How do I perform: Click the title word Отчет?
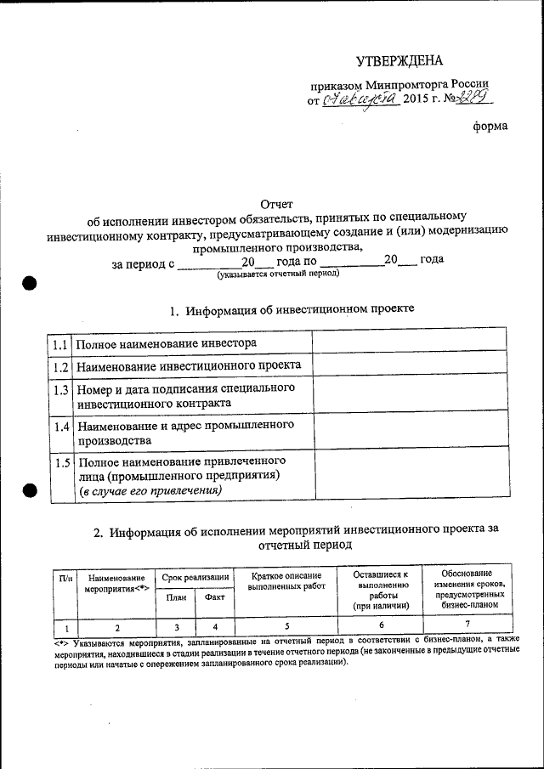point(275,205)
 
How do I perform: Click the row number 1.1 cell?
point(59,344)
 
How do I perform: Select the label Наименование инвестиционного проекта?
point(189,366)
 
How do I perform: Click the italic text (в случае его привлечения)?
point(150,491)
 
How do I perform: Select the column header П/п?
point(65,578)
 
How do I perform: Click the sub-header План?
point(176,597)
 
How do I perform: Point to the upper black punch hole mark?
point(30,283)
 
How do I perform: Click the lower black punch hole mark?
point(30,489)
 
